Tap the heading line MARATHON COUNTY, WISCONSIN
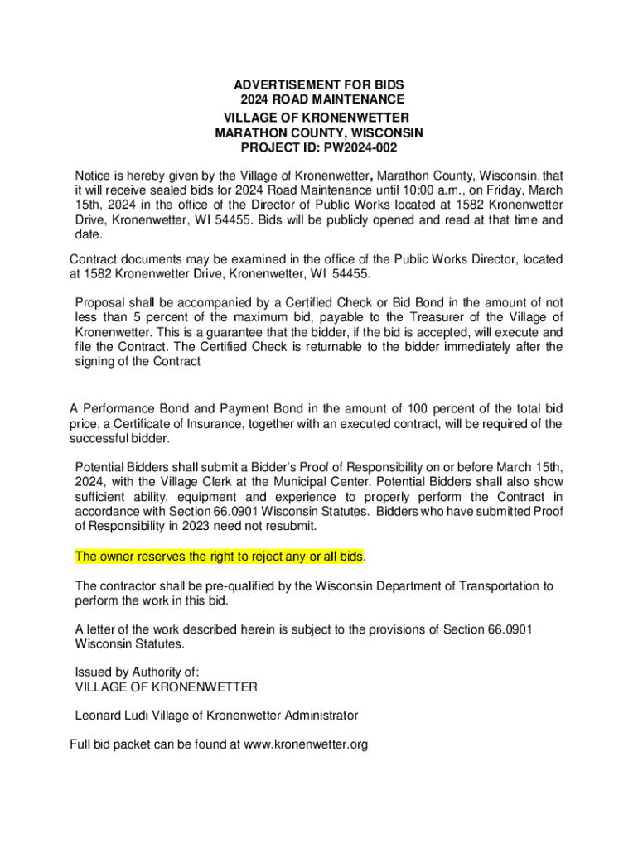319,132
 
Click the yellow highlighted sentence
219,556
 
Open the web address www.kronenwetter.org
307,744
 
